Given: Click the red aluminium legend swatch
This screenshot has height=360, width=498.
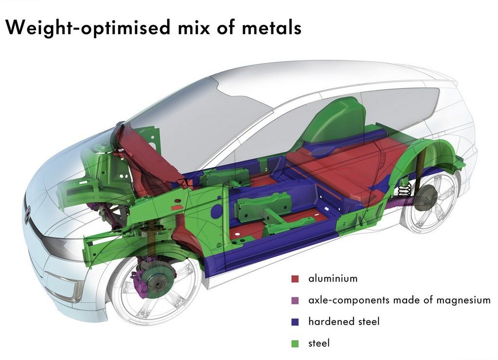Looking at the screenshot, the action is (295, 279).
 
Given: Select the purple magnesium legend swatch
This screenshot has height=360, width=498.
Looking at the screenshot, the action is (295, 300).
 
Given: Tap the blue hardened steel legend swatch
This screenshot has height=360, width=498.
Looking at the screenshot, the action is (295, 322).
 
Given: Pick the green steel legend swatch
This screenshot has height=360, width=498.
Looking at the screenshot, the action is (295, 343).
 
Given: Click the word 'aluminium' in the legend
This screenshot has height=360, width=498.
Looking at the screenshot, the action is (333, 279).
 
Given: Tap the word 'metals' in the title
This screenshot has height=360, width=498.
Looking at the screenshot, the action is (271, 27).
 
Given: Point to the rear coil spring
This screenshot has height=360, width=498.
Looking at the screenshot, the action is (404, 190).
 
